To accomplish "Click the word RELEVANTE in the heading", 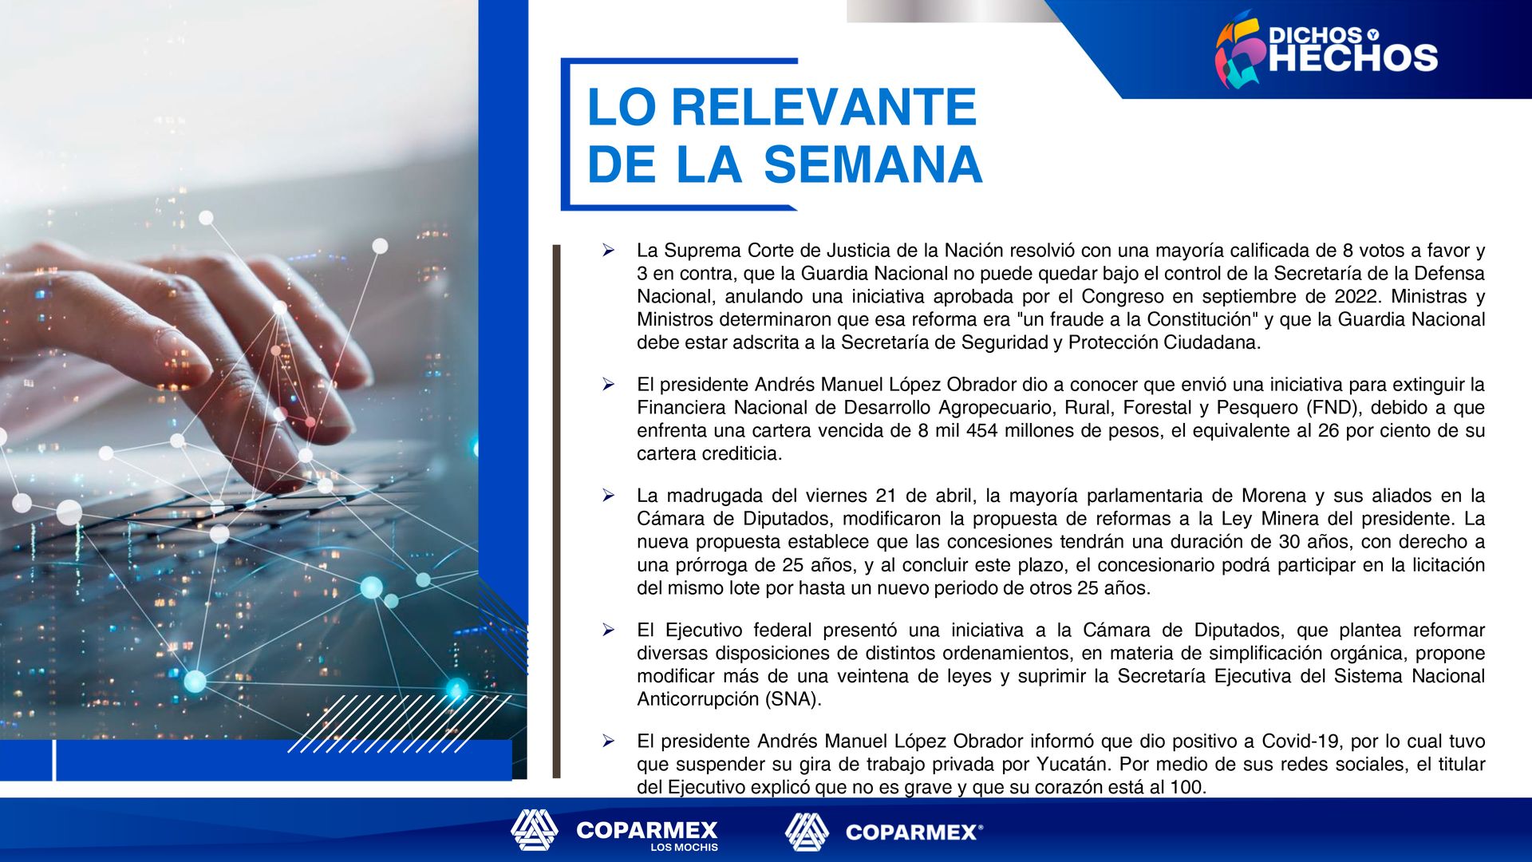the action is pyautogui.click(x=824, y=107).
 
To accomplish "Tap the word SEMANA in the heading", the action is pyautogui.click(x=873, y=164).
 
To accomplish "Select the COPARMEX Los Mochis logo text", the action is pyautogui.click(x=647, y=835).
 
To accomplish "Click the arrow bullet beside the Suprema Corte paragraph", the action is pyautogui.click(x=609, y=251).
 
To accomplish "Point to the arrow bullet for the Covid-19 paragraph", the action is pyautogui.click(x=609, y=741).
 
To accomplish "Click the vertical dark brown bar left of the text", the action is pyautogui.click(x=557, y=511).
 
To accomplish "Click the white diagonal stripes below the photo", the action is pyautogui.click(x=399, y=723).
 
